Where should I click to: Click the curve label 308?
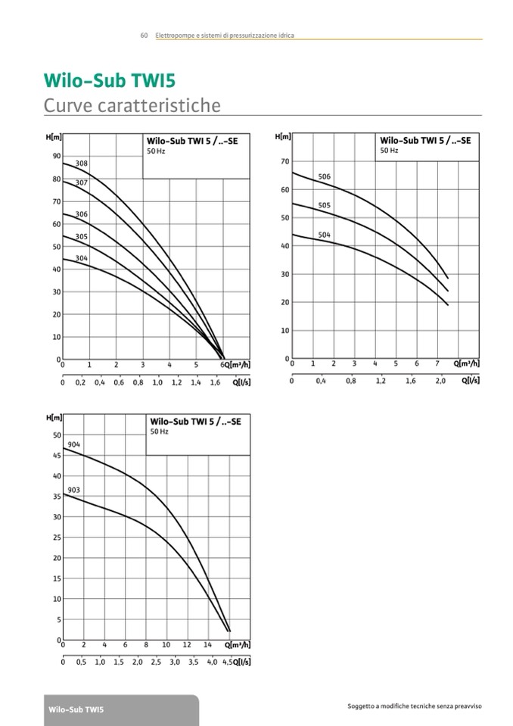82,164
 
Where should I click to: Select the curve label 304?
82,258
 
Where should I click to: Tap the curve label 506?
324,177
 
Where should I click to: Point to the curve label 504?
324,235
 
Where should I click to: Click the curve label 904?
74,444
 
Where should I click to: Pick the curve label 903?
74,491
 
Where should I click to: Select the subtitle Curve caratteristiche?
132,105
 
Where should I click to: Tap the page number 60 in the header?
144,36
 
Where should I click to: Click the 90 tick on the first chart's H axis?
56,157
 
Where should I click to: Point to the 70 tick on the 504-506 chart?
284,161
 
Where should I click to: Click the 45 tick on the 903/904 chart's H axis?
56,456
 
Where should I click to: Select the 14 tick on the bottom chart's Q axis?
207,645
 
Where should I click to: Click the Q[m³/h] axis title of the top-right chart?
466,363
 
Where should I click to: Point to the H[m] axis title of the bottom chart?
54,418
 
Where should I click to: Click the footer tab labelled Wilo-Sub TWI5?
76,710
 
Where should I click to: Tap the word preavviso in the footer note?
467,706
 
